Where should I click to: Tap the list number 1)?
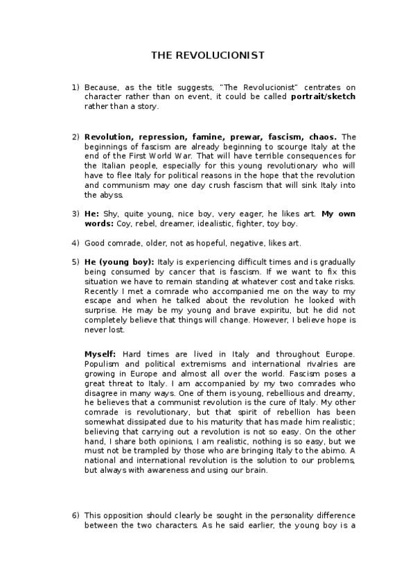(76, 88)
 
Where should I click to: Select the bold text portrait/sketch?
(323, 97)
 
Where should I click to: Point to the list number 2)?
(76, 137)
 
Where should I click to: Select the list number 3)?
(76, 214)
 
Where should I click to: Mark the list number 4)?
(76, 243)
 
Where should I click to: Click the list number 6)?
(76, 515)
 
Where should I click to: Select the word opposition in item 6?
(125, 515)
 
